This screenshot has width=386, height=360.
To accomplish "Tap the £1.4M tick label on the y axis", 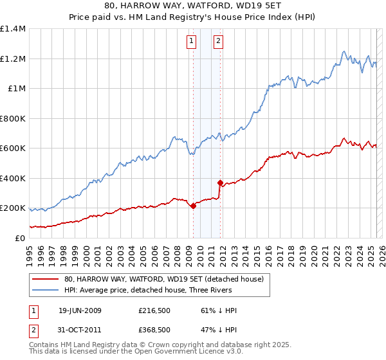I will (13, 29).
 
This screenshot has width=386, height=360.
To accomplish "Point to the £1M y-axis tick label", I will (16, 89).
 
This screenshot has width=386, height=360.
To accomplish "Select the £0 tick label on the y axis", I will (20, 239).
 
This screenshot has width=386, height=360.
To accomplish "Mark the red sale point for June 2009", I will (193, 206).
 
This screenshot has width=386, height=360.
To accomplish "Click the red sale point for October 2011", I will (220, 183).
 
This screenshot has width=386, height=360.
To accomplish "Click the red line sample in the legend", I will (45, 280).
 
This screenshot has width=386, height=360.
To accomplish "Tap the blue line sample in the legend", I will (45, 291).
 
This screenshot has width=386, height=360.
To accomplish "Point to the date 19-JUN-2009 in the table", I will (80, 310).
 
